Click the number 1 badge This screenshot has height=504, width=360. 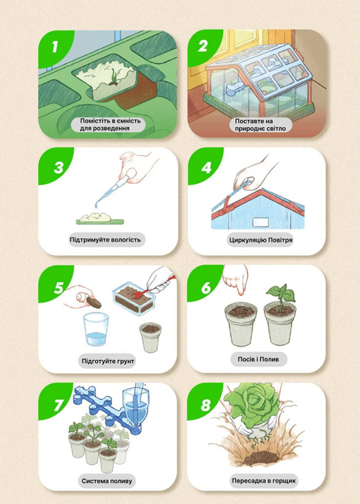54,47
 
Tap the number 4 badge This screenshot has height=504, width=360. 206,167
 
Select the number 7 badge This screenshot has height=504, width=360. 58,405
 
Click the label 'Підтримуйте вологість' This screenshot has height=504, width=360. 105,240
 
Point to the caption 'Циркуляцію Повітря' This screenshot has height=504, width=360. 261,240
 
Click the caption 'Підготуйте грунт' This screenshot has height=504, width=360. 108,361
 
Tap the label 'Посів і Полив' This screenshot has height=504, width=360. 258,359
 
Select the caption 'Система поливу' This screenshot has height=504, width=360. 106,481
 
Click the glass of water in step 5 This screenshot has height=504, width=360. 96,329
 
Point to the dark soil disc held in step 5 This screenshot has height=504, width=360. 94,302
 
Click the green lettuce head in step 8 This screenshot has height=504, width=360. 252,402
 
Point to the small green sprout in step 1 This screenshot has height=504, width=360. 114,78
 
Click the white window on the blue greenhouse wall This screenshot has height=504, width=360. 261,222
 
